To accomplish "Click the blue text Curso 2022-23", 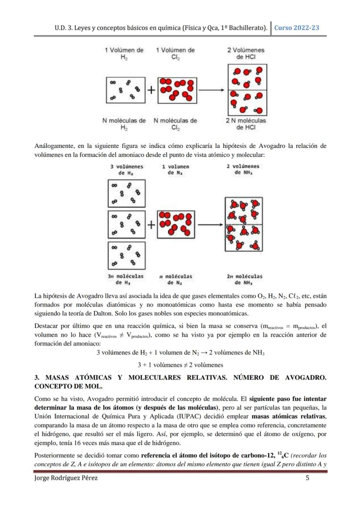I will click(x=296, y=27).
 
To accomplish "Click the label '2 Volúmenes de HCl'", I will click(x=246, y=54).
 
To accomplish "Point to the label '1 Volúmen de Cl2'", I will click(x=175, y=54).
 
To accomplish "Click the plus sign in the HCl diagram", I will click(x=151, y=90).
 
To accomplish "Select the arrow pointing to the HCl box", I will click(x=211, y=90).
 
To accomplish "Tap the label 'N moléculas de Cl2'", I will click(x=175, y=124).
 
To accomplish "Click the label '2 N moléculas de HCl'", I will click(x=246, y=124).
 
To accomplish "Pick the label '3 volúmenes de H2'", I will click(x=126, y=170).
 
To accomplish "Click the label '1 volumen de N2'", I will click(x=175, y=170).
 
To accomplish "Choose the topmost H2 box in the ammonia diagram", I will click(x=126, y=193).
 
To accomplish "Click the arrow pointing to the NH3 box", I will click(x=211, y=225).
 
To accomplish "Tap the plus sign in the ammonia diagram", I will click(x=151, y=225).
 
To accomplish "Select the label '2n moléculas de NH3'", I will click(x=245, y=279).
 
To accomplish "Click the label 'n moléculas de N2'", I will click(x=176, y=279).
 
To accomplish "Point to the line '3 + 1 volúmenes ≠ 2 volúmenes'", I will click(x=180, y=365).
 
